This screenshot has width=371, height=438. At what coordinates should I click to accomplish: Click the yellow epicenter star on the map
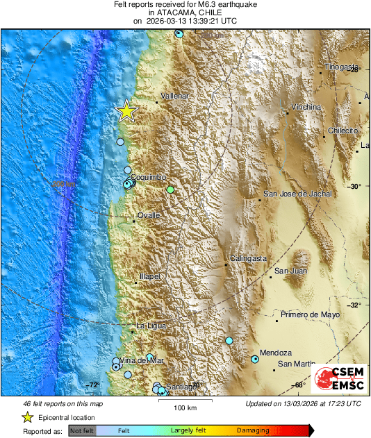tap(126, 111)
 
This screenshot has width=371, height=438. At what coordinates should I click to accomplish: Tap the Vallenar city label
tap(174, 96)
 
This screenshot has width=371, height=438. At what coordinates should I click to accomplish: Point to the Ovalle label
tap(149, 216)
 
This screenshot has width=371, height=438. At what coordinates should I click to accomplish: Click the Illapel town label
tap(150, 276)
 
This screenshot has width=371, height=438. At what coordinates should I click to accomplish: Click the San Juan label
tap(289, 271)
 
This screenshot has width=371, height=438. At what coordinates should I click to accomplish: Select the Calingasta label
tap(248, 258)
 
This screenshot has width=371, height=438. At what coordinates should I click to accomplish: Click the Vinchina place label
tap(306, 108)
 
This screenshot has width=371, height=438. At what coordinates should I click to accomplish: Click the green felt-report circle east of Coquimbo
tap(170, 189)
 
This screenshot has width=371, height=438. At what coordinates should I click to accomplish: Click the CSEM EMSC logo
tap(338, 379)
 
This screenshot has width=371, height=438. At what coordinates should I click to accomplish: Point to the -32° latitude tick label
tap(354, 305)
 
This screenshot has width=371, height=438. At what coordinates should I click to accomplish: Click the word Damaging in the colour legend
tap(254, 430)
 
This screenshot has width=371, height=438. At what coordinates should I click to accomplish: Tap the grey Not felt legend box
tap(81, 431)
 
